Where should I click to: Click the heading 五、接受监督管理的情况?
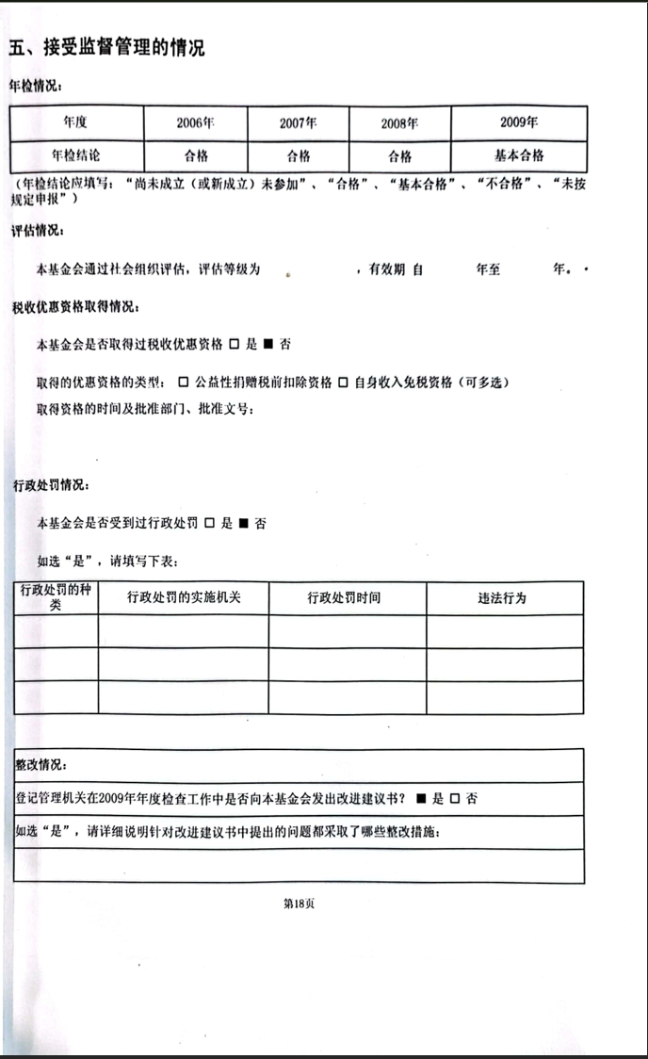click(106, 48)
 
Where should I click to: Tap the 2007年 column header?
click(298, 123)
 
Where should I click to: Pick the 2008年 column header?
click(399, 123)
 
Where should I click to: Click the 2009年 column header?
click(519, 122)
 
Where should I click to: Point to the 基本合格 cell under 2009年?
click(519, 155)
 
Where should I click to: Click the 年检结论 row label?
click(76, 155)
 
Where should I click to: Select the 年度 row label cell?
click(76, 122)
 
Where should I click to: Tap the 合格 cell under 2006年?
click(195, 155)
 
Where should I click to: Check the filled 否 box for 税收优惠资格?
click(268, 344)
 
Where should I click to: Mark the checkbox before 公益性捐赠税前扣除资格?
click(184, 382)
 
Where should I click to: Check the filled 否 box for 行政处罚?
click(243, 523)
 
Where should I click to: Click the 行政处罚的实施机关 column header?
click(183, 598)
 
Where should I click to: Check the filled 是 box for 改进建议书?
click(422, 799)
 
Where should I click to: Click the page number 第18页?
click(299, 904)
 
